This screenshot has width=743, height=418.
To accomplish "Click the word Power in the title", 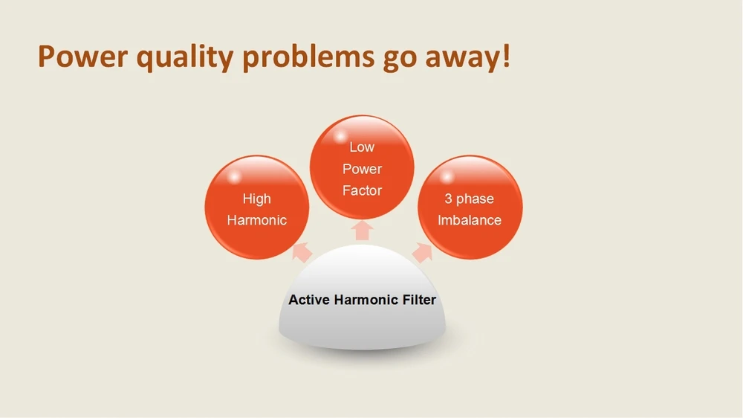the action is click(83, 57).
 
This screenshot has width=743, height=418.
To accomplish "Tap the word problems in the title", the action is click(308, 58).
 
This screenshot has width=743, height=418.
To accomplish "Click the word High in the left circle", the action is click(257, 199).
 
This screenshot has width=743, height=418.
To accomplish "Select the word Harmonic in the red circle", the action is click(257, 220).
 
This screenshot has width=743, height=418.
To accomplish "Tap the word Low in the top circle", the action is click(362, 147).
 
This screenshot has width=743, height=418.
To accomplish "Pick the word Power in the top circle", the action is click(362, 169).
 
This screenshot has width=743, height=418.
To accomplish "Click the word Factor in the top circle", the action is click(362, 190).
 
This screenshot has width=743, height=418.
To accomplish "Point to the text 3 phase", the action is click(469, 199).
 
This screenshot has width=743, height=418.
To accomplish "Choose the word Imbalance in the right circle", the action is click(469, 220).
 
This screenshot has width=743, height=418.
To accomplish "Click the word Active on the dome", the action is click(309, 300).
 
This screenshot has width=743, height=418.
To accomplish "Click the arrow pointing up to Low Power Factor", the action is click(362, 230).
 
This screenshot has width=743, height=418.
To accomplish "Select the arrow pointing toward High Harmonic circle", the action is click(302, 252).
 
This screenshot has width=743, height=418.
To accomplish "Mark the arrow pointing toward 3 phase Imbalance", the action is click(422, 252).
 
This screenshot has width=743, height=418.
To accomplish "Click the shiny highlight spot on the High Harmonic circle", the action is click(233, 177).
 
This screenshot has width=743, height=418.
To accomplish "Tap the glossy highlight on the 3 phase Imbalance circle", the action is click(447, 177).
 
